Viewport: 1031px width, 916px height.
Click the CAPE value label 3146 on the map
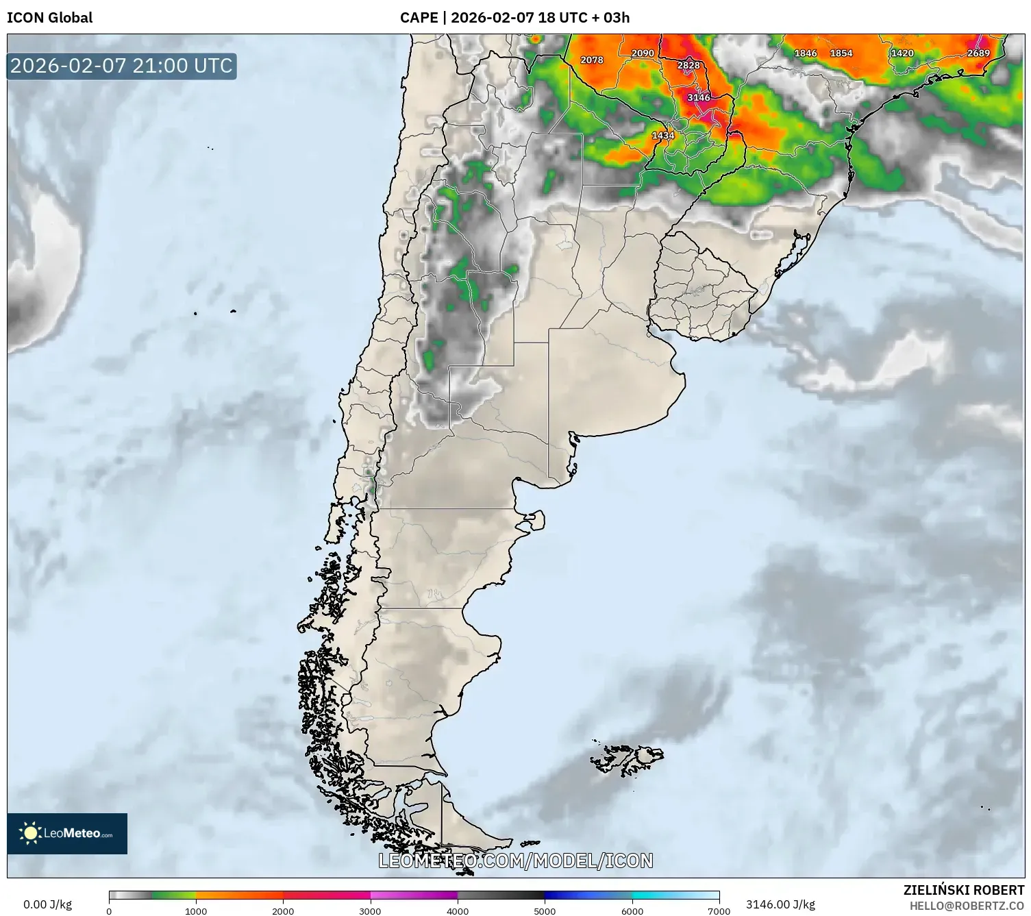point(699,97)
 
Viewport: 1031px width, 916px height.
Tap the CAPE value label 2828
point(688,65)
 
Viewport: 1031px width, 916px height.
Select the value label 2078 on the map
point(592,60)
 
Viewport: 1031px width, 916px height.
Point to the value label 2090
point(643,53)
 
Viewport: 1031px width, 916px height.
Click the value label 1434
point(662,135)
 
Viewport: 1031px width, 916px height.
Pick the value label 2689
point(978,53)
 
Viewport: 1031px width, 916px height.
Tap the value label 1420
point(902,53)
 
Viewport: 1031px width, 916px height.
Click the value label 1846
point(806,53)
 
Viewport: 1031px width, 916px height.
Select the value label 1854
point(841,53)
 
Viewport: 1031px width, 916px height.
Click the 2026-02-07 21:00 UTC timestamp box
point(122,66)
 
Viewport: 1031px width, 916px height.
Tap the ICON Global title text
point(49,17)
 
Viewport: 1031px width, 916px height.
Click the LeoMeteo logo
point(67,833)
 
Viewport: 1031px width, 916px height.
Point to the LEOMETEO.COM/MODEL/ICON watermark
point(516,861)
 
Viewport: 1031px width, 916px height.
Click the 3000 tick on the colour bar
point(371,911)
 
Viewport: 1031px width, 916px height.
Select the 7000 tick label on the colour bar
point(719,911)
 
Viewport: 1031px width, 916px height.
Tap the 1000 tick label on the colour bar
point(196,911)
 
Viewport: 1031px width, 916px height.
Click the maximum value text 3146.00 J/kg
point(780,904)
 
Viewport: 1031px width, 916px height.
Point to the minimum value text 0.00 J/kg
point(47,904)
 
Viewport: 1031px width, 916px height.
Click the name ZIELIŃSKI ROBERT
point(964,890)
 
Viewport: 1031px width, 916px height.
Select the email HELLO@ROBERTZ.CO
point(967,906)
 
